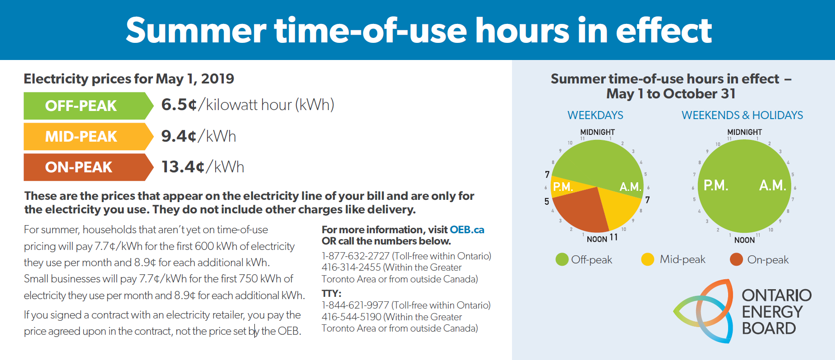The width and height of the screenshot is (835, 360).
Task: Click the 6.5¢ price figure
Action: pos(179,105)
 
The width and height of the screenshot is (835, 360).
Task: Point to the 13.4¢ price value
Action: pos(183,167)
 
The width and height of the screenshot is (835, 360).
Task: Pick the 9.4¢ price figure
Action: pos(179,136)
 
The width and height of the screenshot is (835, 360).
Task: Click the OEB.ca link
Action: pos(467,230)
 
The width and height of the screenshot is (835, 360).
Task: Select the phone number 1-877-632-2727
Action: pos(355,256)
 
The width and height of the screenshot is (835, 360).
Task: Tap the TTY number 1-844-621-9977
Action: pos(355,305)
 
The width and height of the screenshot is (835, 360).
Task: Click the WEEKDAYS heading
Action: pos(595,115)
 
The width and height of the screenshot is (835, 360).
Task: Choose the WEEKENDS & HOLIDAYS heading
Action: pos(742,115)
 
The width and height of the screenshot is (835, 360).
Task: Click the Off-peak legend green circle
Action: pos(562,260)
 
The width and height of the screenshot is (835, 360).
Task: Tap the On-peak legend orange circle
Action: pos(736,260)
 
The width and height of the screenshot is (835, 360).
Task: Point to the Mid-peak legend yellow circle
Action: pos(647,260)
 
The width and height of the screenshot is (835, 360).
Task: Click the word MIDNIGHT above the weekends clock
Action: pos(744,132)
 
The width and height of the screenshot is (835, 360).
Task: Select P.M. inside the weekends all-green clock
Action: pos(716,185)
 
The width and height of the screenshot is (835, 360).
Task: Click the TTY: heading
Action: pos(331,294)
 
